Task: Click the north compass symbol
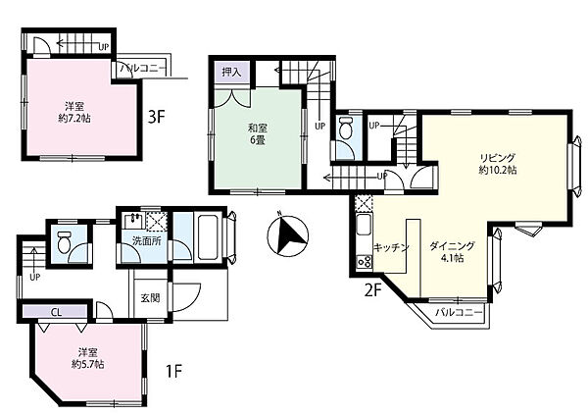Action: point(287,235)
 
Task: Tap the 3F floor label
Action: point(157,118)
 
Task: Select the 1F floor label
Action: point(173,372)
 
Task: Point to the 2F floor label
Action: point(373,290)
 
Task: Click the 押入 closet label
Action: point(231,72)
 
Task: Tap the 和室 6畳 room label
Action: point(257,134)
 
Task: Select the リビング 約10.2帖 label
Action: point(498,164)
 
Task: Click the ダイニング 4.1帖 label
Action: point(452,252)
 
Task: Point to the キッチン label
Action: point(391,247)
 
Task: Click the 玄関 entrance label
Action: point(150,298)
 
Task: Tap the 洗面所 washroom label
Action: point(147,241)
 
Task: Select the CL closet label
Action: point(57,312)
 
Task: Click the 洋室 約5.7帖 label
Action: point(88,358)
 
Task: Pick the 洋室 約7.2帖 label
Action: point(74,112)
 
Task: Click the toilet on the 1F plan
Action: point(65,242)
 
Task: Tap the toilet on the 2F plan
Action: point(345,129)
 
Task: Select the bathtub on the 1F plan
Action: point(208,236)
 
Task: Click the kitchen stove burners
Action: point(364,262)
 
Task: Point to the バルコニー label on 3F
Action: point(142,69)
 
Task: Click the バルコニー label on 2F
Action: point(459,312)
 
